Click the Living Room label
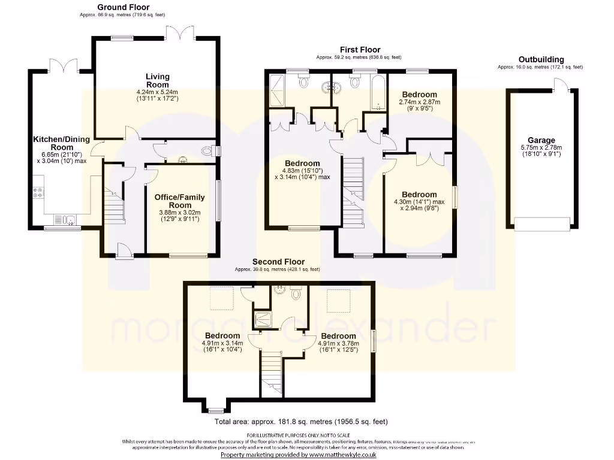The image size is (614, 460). tap(157, 80)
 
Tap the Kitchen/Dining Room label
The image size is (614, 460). tap(61, 143)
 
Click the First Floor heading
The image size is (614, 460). tap(360, 50)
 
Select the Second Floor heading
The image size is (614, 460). tap(278, 262)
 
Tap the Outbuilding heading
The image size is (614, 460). tap(541, 60)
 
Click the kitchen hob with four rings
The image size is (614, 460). tap(38, 193)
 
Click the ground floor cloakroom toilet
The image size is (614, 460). tap(208, 151)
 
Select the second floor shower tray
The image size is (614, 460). tap(263, 319)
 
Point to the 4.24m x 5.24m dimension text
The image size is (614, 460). tap(157, 92)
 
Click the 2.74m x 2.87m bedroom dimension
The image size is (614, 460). tap(420, 102)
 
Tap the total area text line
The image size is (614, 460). tap(297, 422)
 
